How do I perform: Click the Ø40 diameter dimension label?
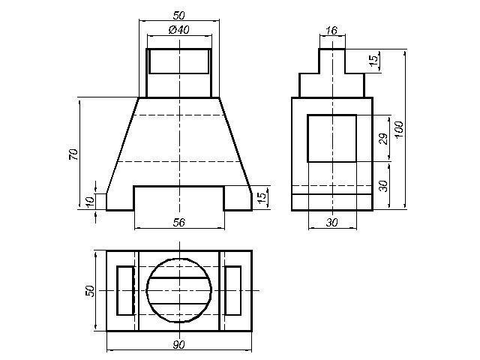(x=179, y=30)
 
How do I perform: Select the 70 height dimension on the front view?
(x=73, y=154)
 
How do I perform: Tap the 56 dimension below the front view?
(x=179, y=223)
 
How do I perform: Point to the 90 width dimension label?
(x=178, y=345)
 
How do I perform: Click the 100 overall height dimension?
(x=399, y=130)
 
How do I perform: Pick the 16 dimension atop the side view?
(x=331, y=30)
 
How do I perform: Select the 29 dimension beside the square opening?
(x=383, y=139)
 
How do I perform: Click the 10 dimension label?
(x=90, y=202)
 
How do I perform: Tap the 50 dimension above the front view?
(x=179, y=15)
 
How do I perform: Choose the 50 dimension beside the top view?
(x=90, y=291)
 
